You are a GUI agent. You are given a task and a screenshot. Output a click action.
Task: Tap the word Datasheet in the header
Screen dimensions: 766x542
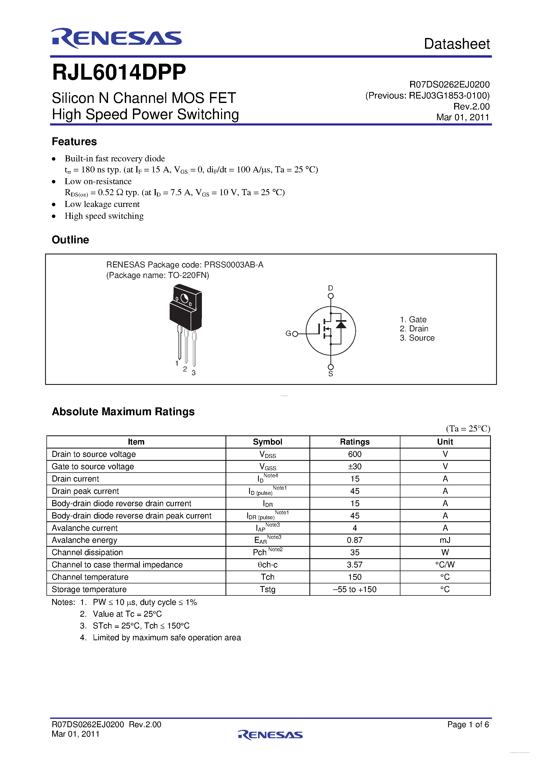pos(457,44)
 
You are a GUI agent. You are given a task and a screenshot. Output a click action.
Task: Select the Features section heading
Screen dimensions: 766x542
pos(74,141)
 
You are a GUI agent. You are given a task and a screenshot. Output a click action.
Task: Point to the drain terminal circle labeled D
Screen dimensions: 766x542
pos(331,296)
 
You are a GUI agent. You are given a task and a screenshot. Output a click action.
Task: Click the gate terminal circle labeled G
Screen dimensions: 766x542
pos(295,334)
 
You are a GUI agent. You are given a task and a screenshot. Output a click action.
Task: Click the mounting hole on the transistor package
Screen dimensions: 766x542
pos(184,298)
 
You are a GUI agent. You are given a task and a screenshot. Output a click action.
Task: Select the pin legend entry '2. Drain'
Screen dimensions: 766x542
pos(414,329)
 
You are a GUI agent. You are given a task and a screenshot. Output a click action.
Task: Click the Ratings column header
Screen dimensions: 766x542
pos(355,442)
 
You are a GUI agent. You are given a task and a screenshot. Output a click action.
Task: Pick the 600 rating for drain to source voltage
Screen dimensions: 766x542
pos(355,454)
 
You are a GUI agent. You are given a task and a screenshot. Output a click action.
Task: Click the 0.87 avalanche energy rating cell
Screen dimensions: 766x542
pos(355,540)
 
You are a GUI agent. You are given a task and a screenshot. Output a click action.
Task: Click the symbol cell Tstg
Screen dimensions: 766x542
pos(267,589)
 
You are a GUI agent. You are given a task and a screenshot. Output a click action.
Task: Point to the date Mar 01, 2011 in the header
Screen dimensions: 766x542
pos(463,117)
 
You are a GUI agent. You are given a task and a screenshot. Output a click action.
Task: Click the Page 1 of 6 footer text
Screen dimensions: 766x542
pos(468,724)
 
